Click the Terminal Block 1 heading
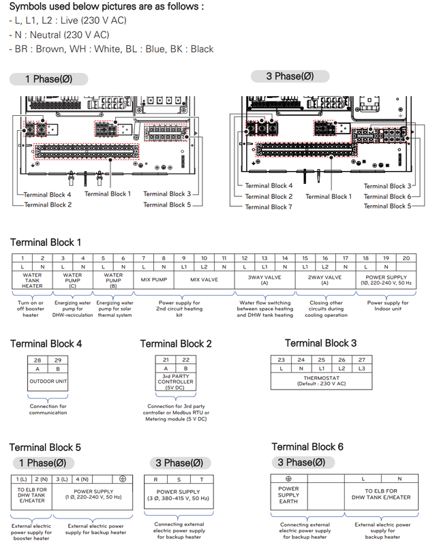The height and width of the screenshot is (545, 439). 46,242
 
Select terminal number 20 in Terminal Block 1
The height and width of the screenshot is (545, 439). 407,258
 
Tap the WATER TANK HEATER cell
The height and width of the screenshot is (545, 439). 31,281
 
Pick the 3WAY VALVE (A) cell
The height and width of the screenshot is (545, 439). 264,280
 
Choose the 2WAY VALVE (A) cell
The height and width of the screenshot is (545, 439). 326,280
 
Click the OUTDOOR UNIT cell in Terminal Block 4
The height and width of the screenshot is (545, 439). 48,381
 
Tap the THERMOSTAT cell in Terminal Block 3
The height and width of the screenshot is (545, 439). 322,381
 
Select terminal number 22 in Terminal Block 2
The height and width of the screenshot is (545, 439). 185,359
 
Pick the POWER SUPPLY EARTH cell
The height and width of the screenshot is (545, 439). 288,495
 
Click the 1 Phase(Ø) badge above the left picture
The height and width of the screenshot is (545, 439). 48,79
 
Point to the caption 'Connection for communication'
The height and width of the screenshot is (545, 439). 48,409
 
